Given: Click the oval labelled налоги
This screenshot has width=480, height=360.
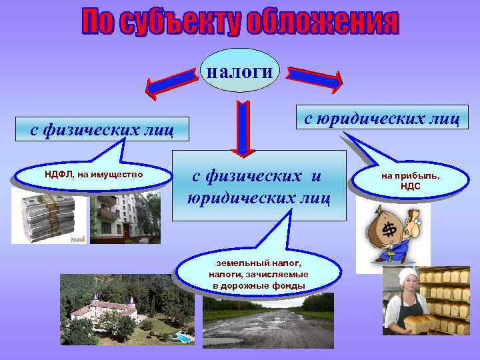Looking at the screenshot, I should tap(239, 70).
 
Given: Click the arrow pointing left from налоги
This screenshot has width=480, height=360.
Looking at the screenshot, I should tap(172, 81).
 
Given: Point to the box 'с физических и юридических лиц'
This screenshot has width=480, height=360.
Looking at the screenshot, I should tap(259, 186).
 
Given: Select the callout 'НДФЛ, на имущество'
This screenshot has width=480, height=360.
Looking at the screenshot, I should tap(93, 175).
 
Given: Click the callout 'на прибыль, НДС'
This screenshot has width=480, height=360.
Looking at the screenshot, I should tap(411, 181).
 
